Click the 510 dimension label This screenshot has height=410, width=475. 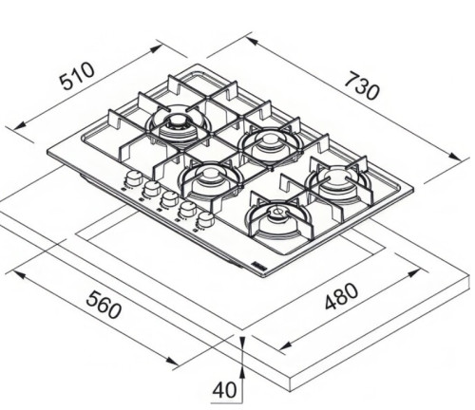click(77, 76)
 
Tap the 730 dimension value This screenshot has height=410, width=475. click(362, 85)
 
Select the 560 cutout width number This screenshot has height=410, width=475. click(104, 305)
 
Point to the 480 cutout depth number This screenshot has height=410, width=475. click(342, 296)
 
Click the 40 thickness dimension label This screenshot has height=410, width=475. click(224, 390)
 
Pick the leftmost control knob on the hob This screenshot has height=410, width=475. click(134, 178)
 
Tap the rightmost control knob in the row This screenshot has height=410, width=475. click(206, 218)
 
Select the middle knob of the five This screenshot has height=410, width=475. click(170, 198)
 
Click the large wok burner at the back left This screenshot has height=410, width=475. click(178, 125)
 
